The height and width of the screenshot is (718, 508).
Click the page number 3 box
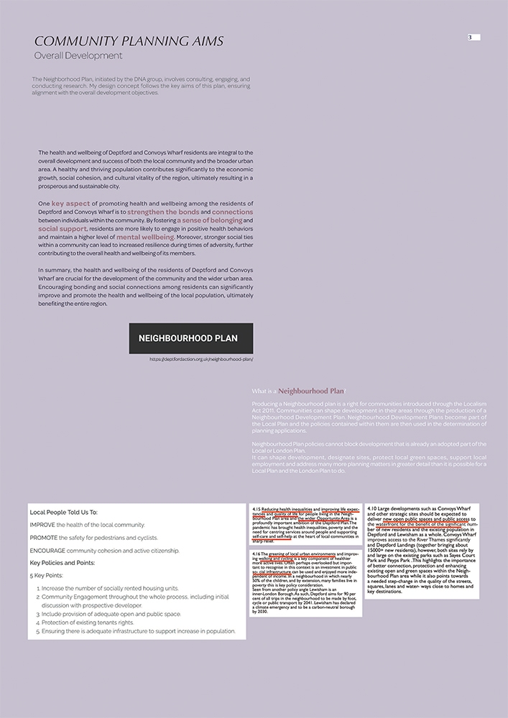tap(474, 37)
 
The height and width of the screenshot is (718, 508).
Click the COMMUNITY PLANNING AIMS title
tap(129, 40)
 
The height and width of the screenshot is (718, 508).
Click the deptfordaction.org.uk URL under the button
tap(201, 359)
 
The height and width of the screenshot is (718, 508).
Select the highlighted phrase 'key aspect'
tap(70, 204)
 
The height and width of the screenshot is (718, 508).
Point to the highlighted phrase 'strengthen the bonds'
tap(163, 213)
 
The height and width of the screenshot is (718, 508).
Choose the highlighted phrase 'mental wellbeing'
tap(145, 237)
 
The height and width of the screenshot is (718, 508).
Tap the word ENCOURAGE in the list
tap(48, 551)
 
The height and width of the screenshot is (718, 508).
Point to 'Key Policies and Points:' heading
tap(67, 563)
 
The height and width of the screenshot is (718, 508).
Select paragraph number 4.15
tap(257, 509)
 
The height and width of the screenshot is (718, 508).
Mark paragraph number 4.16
tap(257, 555)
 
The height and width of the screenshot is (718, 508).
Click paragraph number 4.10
tap(372, 509)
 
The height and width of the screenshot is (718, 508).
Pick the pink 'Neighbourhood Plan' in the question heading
tap(311, 391)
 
